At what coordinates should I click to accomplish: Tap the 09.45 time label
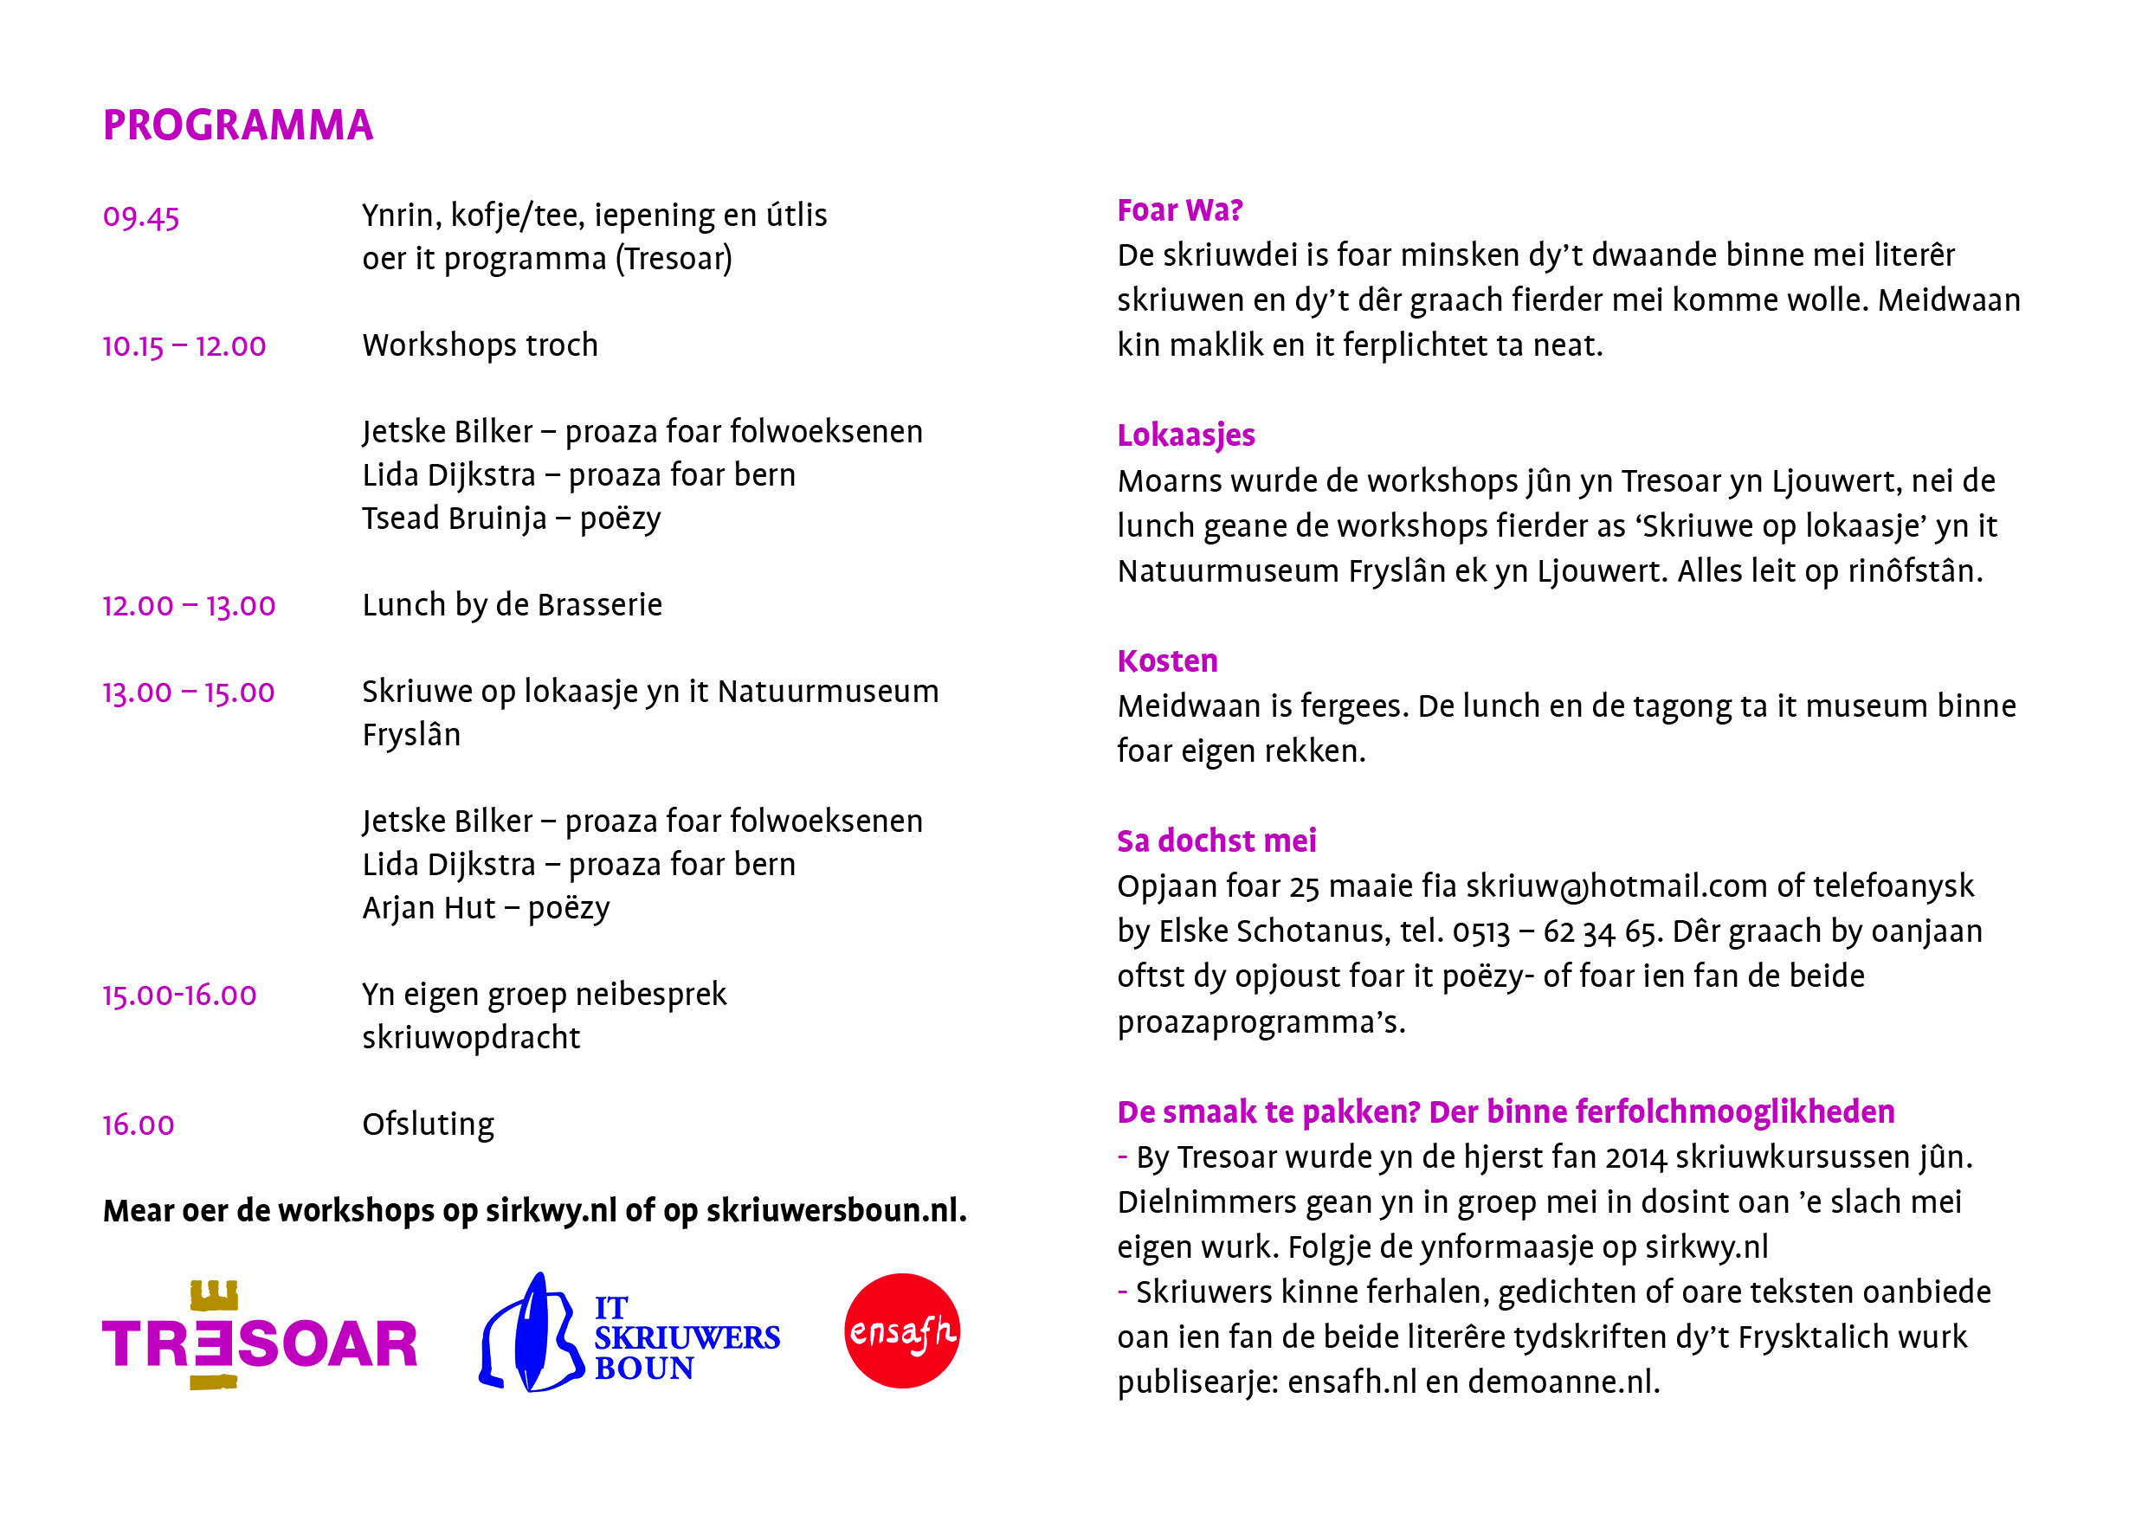141,217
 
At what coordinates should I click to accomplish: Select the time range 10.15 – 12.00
184,347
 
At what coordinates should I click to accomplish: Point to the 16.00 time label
139,1125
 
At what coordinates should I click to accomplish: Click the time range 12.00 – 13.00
189,606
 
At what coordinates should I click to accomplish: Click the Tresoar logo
259,1337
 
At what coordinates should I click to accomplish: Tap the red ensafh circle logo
902,1330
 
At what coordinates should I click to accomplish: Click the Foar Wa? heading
1179,210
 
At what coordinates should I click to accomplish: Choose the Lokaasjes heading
1185,435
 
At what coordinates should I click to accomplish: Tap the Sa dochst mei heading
1216,841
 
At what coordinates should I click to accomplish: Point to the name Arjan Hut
429,908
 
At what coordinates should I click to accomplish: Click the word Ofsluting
429,1124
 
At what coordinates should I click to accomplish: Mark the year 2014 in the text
1636,1157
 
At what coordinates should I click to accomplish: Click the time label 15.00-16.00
179,996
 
